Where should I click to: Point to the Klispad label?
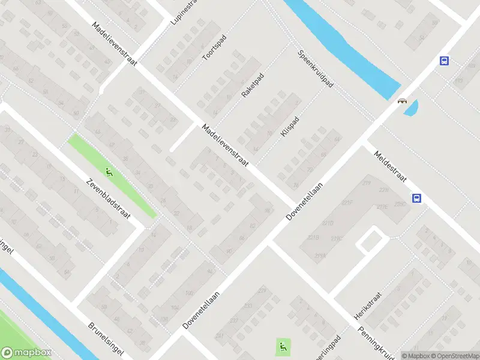tap(289, 126)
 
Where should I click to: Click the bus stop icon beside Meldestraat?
tap(416, 199)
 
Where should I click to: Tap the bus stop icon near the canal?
tap(444, 61)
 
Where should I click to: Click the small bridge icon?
tap(401, 101)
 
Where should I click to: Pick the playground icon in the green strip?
tap(109, 173)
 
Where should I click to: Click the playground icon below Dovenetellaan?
tap(283, 346)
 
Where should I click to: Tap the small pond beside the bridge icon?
tap(412, 108)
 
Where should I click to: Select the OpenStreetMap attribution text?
tap(454, 355)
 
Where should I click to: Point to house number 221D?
tap(327, 224)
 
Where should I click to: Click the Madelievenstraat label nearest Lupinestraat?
tap(115, 44)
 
